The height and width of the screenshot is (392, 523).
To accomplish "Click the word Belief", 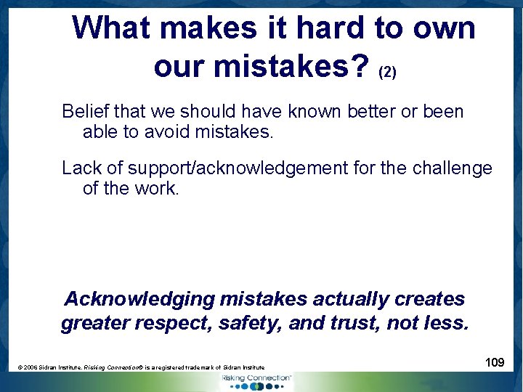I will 84,112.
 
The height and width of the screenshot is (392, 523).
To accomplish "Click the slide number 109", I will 495,362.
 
